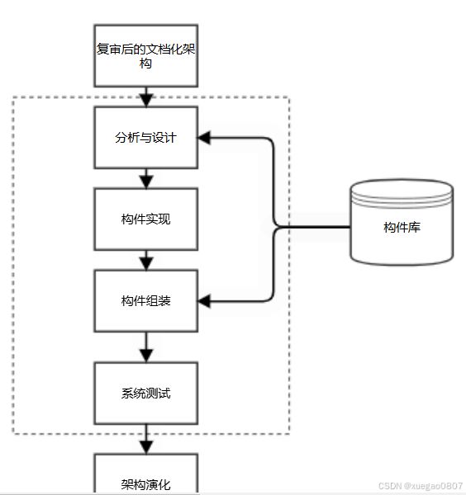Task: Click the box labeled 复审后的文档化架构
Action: [x=146, y=55]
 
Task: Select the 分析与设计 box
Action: [x=146, y=137]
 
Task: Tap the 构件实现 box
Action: [x=146, y=219]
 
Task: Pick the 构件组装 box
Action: [x=146, y=301]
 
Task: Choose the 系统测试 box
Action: [x=146, y=393]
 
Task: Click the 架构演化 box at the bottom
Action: [x=146, y=474]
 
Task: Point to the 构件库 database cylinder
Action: [x=402, y=222]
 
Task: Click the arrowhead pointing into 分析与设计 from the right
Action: [x=204, y=138]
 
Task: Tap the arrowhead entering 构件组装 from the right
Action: [x=204, y=301]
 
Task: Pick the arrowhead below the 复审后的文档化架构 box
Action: [x=146, y=101]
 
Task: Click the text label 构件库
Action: [x=402, y=228]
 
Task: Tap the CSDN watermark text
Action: [x=421, y=486]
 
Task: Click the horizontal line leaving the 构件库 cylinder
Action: [x=314, y=227]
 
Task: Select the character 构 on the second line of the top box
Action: [x=145, y=64]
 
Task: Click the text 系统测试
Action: [x=146, y=394]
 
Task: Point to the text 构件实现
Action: [x=146, y=219]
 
